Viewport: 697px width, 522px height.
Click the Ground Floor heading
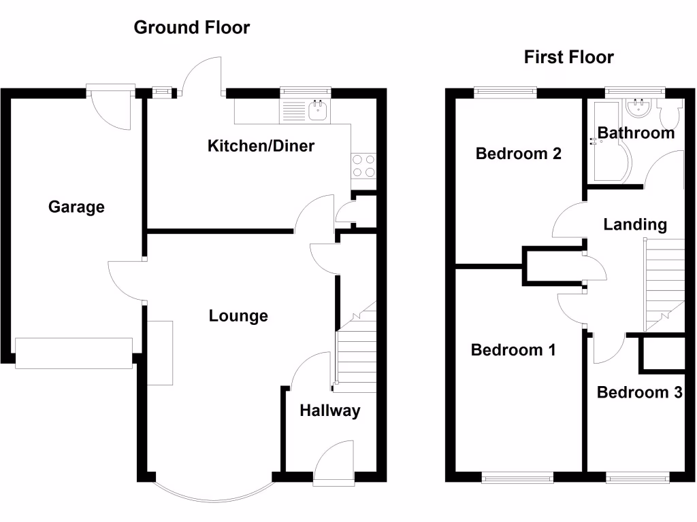[x=191, y=28]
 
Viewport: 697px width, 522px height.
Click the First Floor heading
[x=568, y=58]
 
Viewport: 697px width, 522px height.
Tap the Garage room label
[x=76, y=207]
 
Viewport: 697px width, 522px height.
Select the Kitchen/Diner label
[x=261, y=145]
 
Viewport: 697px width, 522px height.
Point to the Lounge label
[x=238, y=316]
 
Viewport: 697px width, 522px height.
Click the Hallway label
[x=329, y=411]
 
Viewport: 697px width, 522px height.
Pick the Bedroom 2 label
[x=518, y=154]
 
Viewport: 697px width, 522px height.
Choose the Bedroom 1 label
[x=513, y=350]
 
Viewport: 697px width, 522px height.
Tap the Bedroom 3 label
[x=639, y=392]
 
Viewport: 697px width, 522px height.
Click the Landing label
[x=634, y=224]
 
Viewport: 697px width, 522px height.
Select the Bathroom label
[x=636, y=133]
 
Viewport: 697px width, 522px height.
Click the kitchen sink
[x=318, y=111]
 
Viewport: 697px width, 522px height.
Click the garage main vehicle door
[x=74, y=353]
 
